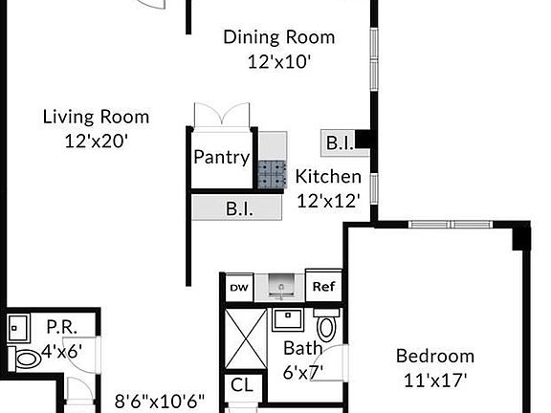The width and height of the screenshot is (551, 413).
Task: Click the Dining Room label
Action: coord(278,37)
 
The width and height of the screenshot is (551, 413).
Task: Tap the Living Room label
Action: coord(96,117)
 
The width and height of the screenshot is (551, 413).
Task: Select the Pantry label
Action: coord(221,157)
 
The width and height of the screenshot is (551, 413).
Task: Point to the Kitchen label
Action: coord(328,176)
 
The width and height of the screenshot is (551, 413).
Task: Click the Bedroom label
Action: coord(435,356)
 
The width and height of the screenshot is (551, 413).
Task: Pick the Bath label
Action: coord(302,348)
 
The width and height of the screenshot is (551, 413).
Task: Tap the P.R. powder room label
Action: coord(61,325)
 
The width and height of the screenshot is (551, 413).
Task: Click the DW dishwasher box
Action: coord(238,286)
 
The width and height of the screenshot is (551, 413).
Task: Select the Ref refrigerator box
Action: coord(322,286)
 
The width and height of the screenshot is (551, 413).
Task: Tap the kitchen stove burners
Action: coord(272,172)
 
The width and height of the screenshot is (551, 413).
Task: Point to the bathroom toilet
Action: coord(327,326)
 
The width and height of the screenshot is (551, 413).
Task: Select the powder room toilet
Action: coord(28,359)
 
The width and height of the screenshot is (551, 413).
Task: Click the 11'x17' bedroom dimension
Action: coord(435,379)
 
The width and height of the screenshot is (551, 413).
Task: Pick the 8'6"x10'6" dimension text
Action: coord(160,401)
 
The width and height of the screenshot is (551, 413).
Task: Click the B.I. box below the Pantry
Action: coord(238,207)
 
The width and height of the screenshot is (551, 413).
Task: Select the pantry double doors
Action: coord(222,115)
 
